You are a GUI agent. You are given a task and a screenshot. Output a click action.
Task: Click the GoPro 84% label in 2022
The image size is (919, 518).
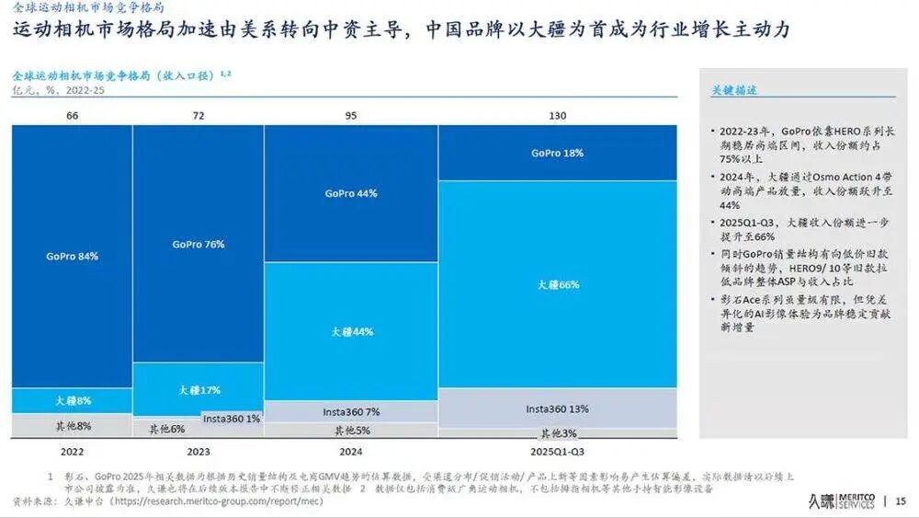(72, 256)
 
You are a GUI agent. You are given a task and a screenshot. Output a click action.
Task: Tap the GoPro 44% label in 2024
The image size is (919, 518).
(350, 194)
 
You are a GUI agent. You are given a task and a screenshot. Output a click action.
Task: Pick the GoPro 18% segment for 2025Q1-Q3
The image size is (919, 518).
(557, 153)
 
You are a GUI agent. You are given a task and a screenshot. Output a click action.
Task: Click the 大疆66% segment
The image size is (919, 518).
(558, 285)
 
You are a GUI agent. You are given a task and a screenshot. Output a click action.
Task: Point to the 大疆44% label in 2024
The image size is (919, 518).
(350, 331)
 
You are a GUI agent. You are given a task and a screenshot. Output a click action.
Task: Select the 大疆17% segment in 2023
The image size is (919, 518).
(198, 390)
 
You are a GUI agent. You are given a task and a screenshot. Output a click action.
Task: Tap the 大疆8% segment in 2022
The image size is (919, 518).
(72, 401)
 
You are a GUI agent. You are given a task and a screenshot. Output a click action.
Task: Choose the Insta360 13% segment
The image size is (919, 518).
(557, 408)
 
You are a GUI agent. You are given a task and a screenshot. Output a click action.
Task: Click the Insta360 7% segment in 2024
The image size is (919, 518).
(350, 411)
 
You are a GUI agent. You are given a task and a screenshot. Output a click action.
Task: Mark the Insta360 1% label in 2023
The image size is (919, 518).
(232, 419)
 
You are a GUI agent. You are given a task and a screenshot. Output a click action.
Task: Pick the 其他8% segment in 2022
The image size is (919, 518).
(72, 426)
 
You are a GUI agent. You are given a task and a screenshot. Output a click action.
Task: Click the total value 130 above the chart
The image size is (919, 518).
(557, 115)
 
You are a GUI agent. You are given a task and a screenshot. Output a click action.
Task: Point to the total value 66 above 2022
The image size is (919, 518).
(72, 115)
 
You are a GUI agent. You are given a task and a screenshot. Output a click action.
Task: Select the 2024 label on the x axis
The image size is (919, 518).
(350, 452)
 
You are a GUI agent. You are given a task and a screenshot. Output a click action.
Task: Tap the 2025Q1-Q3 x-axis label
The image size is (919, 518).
(557, 452)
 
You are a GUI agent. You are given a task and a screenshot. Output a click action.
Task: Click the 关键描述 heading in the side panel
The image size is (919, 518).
(734, 91)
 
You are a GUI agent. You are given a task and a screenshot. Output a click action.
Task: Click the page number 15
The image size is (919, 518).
(900, 501)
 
